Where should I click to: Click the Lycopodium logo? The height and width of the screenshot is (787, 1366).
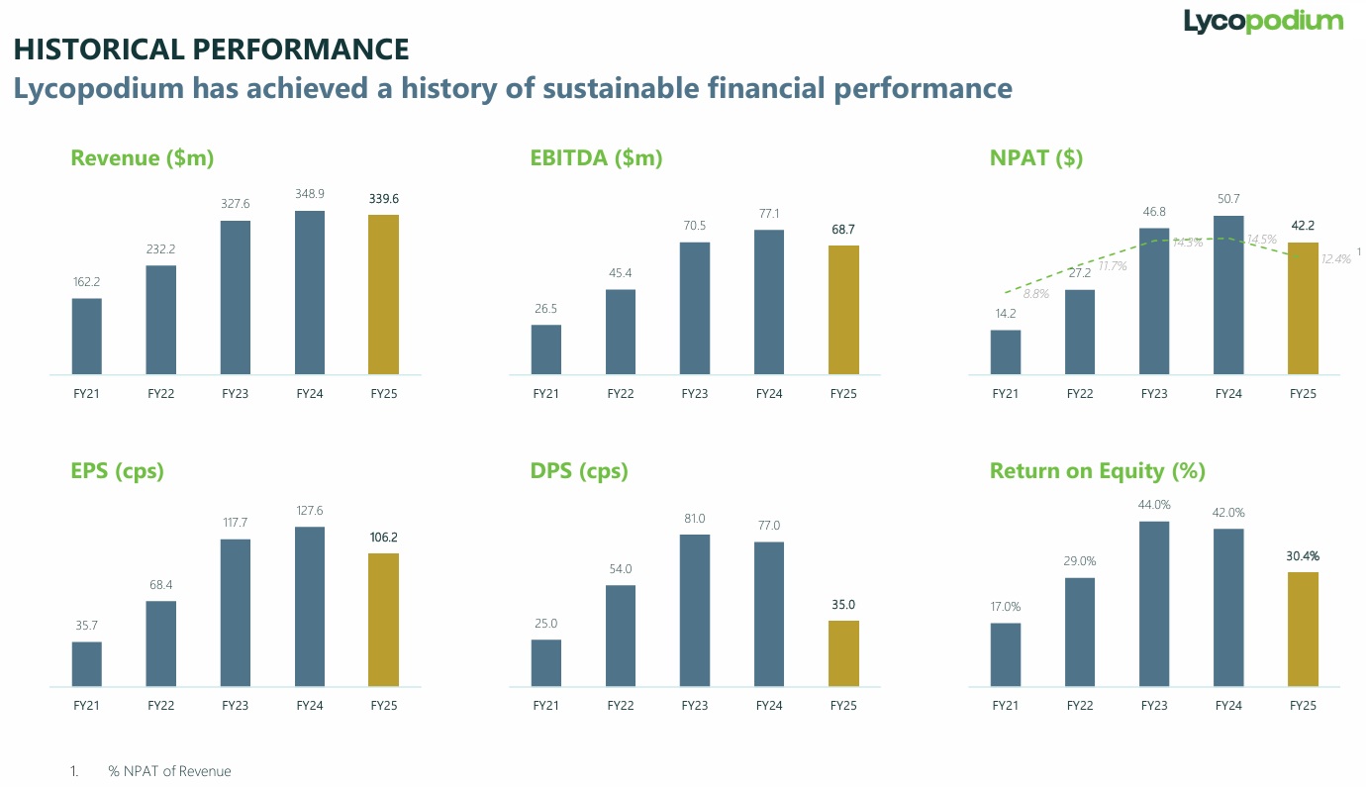[x=1263, y=21]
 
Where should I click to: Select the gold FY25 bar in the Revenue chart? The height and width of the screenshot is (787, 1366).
[x=383, y=295]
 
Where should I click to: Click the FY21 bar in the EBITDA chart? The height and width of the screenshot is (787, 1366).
[x=545, y=350]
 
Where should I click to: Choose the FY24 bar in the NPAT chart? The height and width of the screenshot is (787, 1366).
[x=1228, y=295]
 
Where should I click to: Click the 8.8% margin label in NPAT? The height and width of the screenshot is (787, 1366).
[x=1035, y=294]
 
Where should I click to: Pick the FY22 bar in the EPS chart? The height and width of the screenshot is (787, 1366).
[x=160, y=643]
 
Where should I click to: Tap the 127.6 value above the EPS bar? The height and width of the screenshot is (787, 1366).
[x=309, y=511]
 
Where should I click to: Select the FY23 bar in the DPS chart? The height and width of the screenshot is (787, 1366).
[x=694, y=611]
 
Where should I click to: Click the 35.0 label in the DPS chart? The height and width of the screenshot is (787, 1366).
[x=843, y=605]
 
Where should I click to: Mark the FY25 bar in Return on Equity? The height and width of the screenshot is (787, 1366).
[x=1303, y=630]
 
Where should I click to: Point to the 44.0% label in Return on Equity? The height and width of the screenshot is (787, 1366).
[x=1154, y=505]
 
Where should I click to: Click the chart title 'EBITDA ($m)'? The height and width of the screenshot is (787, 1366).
[x=596, y=158]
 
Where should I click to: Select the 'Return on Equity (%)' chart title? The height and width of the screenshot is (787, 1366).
[x=1097, y=471]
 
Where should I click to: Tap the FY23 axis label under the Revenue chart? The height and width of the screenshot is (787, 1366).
[x=235, y=394]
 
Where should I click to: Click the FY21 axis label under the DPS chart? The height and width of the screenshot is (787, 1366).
[x=545, y=706]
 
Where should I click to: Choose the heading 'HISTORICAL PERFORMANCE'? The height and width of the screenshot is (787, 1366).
[x=211, y=49]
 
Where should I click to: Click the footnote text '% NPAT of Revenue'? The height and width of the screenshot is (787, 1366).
[x=169, y=771]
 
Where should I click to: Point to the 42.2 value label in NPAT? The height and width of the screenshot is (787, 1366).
[x=1303, y=226]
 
